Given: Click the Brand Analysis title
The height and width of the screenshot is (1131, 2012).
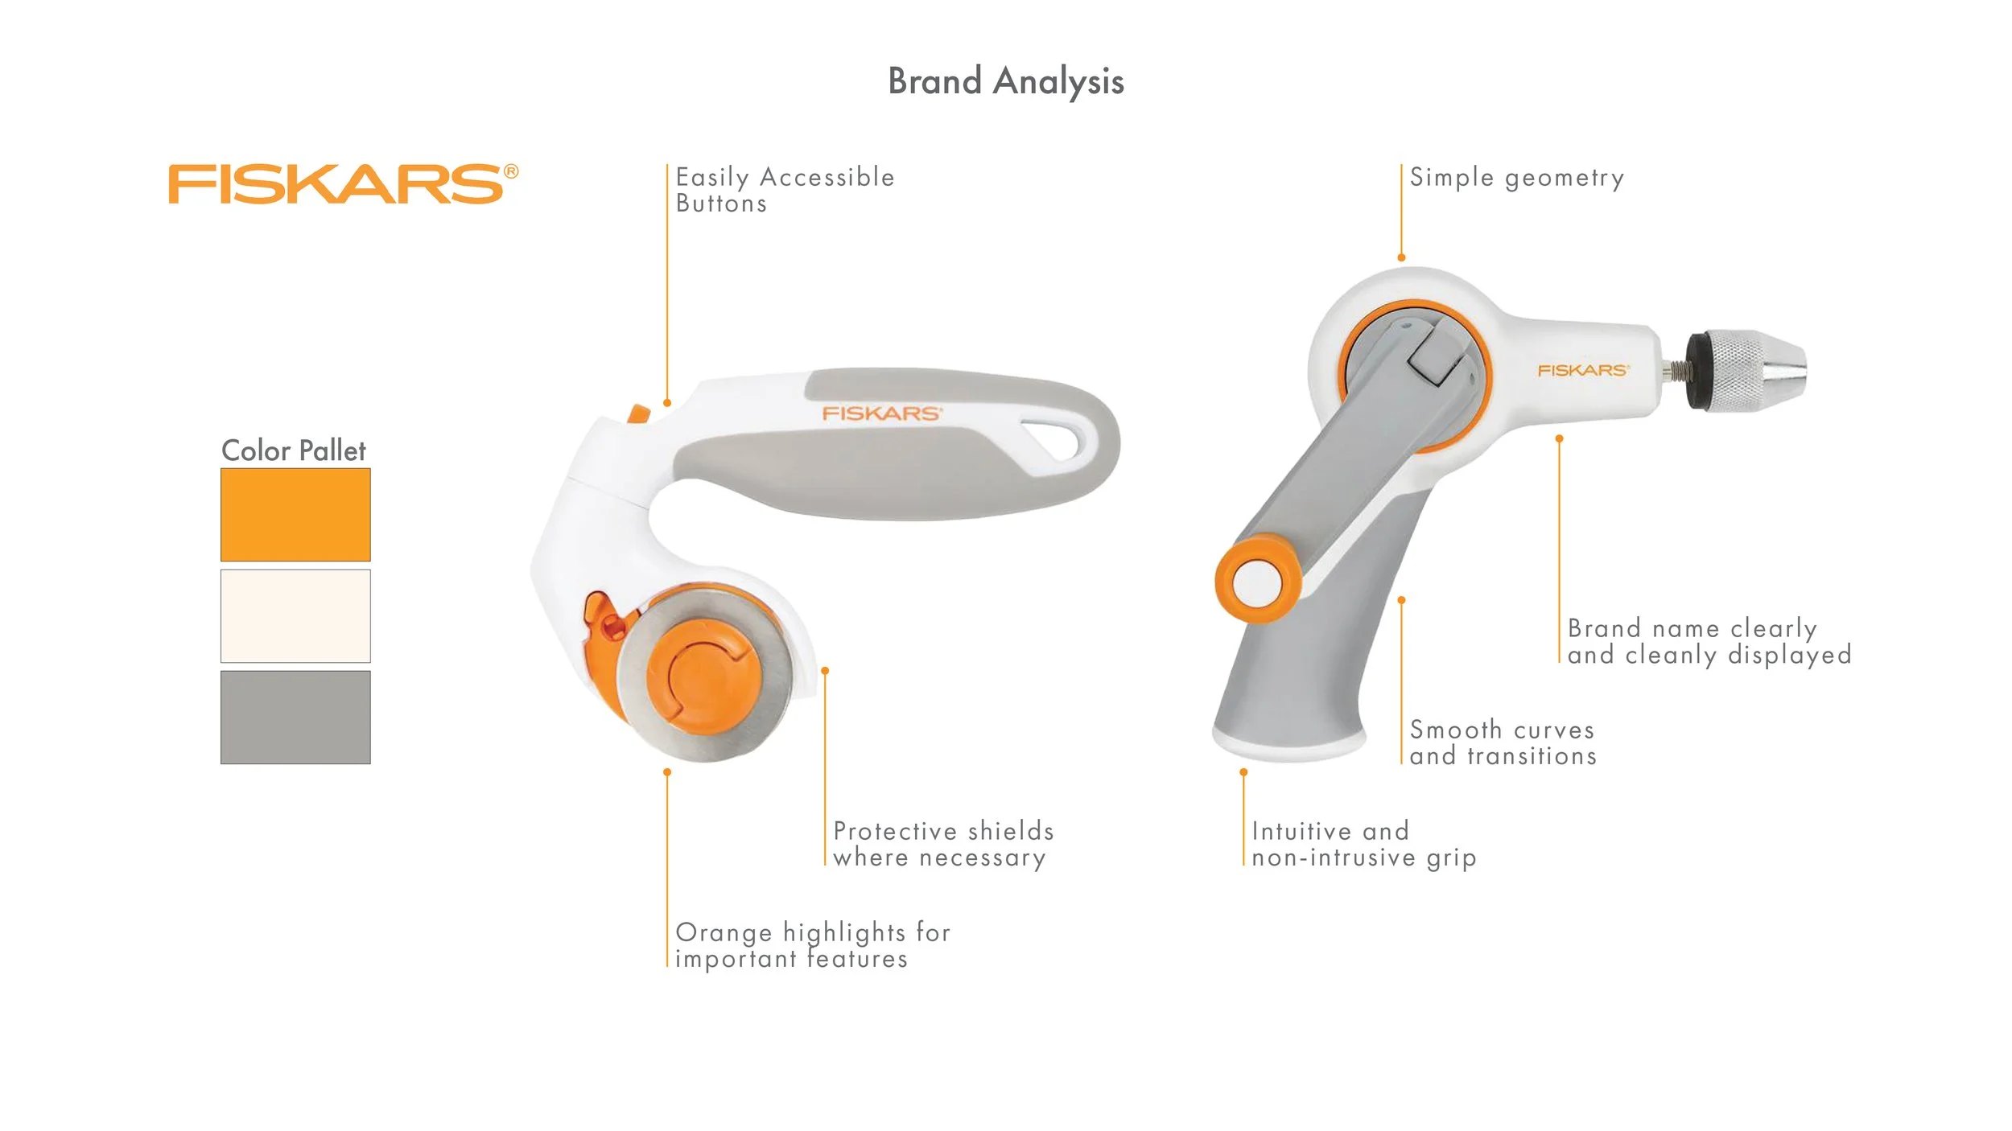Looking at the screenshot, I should click(1005, 81).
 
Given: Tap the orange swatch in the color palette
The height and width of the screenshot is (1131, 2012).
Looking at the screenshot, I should click(295, 514).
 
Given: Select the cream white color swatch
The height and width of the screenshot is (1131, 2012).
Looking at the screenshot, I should click(295, 615).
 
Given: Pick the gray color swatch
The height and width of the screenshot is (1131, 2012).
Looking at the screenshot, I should click(295, 717).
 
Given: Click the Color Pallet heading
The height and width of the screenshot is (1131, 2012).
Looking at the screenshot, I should click(293, 450).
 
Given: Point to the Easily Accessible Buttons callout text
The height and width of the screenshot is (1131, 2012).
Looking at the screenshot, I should click(784, 190).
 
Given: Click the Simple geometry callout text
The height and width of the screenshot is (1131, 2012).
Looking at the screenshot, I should click(1516, 177).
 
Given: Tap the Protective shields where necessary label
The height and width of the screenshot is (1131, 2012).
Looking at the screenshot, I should click(942, 844).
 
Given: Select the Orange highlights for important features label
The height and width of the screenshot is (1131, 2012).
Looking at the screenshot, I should click(812, 945).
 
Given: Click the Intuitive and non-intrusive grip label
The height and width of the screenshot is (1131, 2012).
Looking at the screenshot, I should click(1363, 844).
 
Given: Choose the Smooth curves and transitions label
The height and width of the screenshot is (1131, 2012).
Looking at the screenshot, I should click(1502, 742).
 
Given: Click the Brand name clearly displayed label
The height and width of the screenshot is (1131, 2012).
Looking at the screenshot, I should click(1709, 641).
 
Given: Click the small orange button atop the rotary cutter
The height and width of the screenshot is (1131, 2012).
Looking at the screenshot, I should click(637, 414).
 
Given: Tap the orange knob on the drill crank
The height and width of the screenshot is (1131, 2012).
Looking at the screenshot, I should click(1257, 582).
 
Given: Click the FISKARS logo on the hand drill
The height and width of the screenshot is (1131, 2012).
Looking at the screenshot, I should click(1582, 370).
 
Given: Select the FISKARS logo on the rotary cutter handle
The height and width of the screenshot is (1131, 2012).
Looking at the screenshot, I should click(881, 413).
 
